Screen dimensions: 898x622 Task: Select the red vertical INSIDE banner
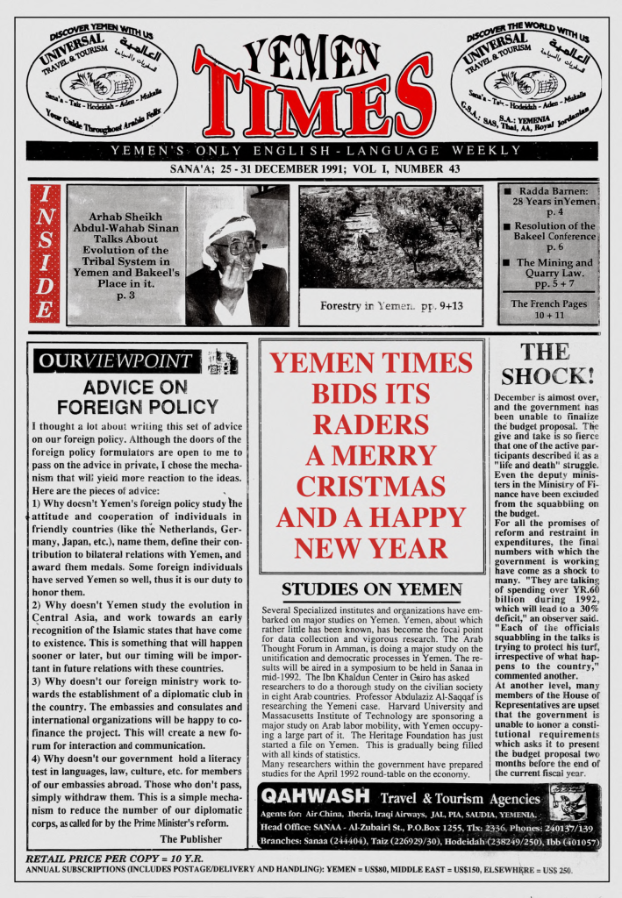pyautogui.click(x=45, y=253)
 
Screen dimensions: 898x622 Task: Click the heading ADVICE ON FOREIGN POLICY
pyautogui.click(x=138, y=396)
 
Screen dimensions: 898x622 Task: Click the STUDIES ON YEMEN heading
pyautogui.click(x=372, y=588)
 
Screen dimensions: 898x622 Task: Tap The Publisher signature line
pyautogui.click(x=195, y=838)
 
